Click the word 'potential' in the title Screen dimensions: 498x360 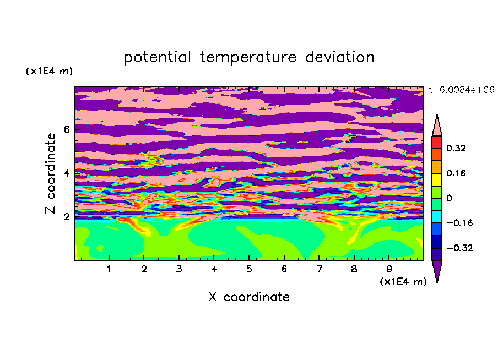pos(157,57)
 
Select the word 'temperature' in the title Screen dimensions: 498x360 pos(248,57)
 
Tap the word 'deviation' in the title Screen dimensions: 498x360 pos(340,57)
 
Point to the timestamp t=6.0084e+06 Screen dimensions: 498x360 pos(461,90)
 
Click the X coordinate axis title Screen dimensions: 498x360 pos(249,297)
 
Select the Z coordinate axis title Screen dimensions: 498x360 pos(51,173)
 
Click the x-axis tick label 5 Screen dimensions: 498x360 pos(249,269)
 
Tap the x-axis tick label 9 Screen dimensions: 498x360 pos(389,269)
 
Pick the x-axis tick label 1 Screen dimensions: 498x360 pos(109,269)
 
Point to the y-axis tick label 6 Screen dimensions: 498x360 pos(66,129)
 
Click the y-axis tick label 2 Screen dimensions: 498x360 pos(66,217)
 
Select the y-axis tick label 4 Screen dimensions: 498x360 pos(66,173)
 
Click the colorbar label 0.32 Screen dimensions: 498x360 pos(456,148)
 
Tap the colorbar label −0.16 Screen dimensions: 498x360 pos(459,223)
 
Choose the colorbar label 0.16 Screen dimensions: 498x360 pos(456,173)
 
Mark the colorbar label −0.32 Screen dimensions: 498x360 pos(459,248)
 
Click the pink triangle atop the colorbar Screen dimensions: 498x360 pos(437,127)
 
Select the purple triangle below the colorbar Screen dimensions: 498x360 pos(437,269)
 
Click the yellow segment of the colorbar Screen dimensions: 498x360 pos(437,179)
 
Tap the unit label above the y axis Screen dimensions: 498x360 pos(49,71)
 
